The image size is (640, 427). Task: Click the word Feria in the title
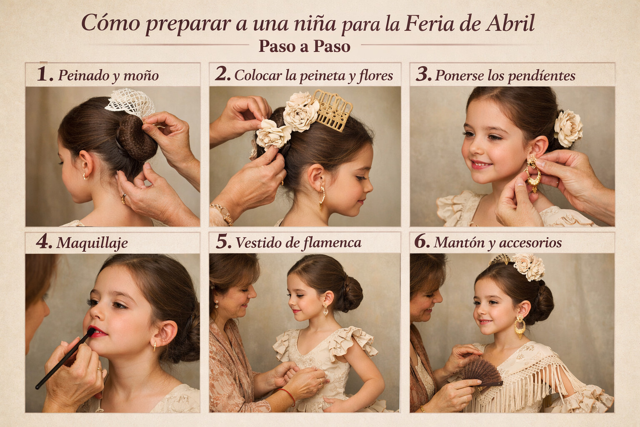coord(429,23)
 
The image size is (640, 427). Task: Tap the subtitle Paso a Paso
coord(305,46)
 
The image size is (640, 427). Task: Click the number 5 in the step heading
coord(223,241)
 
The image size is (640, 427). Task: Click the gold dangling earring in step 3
coord(533,174)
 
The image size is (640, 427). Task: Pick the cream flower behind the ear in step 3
coord(568,128)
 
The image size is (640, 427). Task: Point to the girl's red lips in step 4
coord(97,332)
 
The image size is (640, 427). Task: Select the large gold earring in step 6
coord(520,327)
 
